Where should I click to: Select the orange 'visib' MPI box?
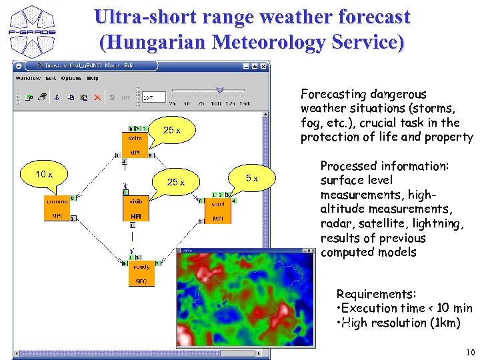(135, 208)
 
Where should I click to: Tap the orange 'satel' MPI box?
(218, 211)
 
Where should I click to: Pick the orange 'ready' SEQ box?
(141, 273)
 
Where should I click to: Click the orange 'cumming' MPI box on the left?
(57, 208)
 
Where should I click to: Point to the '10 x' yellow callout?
(45, 175)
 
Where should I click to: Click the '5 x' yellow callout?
(252, 178)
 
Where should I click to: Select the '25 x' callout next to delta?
(173, 130)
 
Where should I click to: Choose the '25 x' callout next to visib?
(176, 182)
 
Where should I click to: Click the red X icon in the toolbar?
(97, 97)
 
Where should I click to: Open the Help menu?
(92, 78)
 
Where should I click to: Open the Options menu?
(71, 78)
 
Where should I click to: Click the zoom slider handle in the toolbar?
(220, 90)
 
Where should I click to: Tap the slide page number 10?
(469, 352)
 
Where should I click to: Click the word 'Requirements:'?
(376, 294)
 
